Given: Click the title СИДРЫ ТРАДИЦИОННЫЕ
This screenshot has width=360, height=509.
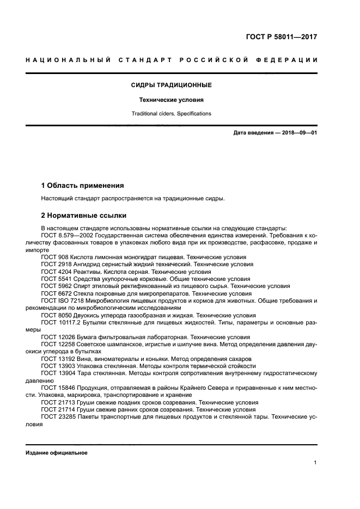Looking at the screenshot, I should [171, 85].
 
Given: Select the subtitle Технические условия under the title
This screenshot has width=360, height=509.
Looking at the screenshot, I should [171, 100].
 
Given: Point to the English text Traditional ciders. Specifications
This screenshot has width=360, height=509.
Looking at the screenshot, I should [171, 114].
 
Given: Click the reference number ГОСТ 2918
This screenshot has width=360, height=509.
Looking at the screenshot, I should [55, 263].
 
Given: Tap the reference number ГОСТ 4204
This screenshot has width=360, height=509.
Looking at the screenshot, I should [55, 271].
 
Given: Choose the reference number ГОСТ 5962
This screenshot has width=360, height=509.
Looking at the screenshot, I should [55, 285].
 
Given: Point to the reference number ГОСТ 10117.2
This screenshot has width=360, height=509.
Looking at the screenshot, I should [59, 322].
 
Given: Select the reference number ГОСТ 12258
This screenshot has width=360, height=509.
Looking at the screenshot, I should [57, 344].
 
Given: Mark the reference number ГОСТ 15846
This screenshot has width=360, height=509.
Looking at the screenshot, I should [57, 388].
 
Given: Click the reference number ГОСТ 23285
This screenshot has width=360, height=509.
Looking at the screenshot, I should [57, 417].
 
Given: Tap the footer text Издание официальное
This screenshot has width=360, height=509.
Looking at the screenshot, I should [57, 453].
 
